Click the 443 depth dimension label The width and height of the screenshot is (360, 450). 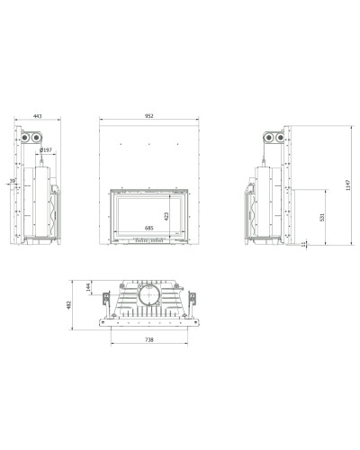pyautogui.click(x=38, y=116)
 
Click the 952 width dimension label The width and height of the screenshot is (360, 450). pyautogui.click(x=149, y=116)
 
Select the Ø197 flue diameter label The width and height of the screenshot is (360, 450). pyautogui.click(x=46, y=150)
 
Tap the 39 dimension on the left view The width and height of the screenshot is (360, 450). pyautogui.click(x=13, y=181)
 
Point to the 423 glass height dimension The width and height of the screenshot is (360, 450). pyautogui.click(x=166, y=216)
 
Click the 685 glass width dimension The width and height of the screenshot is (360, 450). pyautogui.click(x=149, y=229)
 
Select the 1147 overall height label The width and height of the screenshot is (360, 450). pyautogui.click(x=347, y=185)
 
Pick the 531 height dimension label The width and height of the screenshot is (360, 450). pyautogui.click(x=322, y=217)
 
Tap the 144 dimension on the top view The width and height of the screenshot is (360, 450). pyautogui.click(x=88, y=287)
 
